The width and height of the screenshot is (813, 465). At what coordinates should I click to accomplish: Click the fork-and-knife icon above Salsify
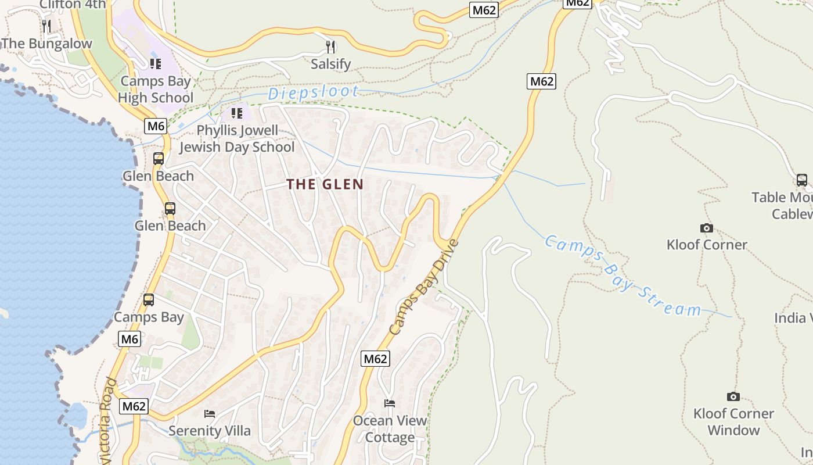click(x=330, y=46)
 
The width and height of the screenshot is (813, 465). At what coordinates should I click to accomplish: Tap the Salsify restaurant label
click(x=330, y=64)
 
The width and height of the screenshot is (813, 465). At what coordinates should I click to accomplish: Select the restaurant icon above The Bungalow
click(x=46, y=26)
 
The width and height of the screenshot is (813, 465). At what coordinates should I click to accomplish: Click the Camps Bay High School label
click(x=156, y=90)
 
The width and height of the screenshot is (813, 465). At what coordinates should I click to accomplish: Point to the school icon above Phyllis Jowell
click(x=236, y=113)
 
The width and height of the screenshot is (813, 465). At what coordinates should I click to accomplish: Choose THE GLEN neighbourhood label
click(x=325, y=184)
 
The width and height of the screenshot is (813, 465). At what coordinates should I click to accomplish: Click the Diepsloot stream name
click(x=313, y=93)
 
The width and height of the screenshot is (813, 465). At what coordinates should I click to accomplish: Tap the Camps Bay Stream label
click(x=623, y=276)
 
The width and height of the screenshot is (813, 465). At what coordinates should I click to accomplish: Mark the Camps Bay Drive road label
click(x=424, y=287)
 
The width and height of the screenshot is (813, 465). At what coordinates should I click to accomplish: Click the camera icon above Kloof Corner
click(x=707, y=228)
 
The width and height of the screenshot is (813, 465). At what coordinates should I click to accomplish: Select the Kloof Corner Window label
click(x=733, y=422)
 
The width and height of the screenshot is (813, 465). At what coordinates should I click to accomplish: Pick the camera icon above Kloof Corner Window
click(x=733, y=397)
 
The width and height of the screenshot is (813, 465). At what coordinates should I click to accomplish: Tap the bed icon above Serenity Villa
click(x=210, y=414)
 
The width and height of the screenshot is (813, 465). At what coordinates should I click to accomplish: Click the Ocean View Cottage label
click(x=390, y=428)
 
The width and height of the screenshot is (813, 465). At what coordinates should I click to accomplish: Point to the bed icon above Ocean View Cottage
click(x=390, y=403)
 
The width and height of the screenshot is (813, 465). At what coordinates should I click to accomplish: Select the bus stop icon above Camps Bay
click(x=149, y=300)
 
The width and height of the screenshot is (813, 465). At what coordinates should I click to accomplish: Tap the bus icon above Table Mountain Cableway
click(x=802, y=180)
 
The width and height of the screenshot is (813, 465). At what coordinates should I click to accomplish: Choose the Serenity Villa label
click(x=210, y=431)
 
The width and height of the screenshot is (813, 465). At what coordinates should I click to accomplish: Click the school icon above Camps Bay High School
click(x=155, y=63)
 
